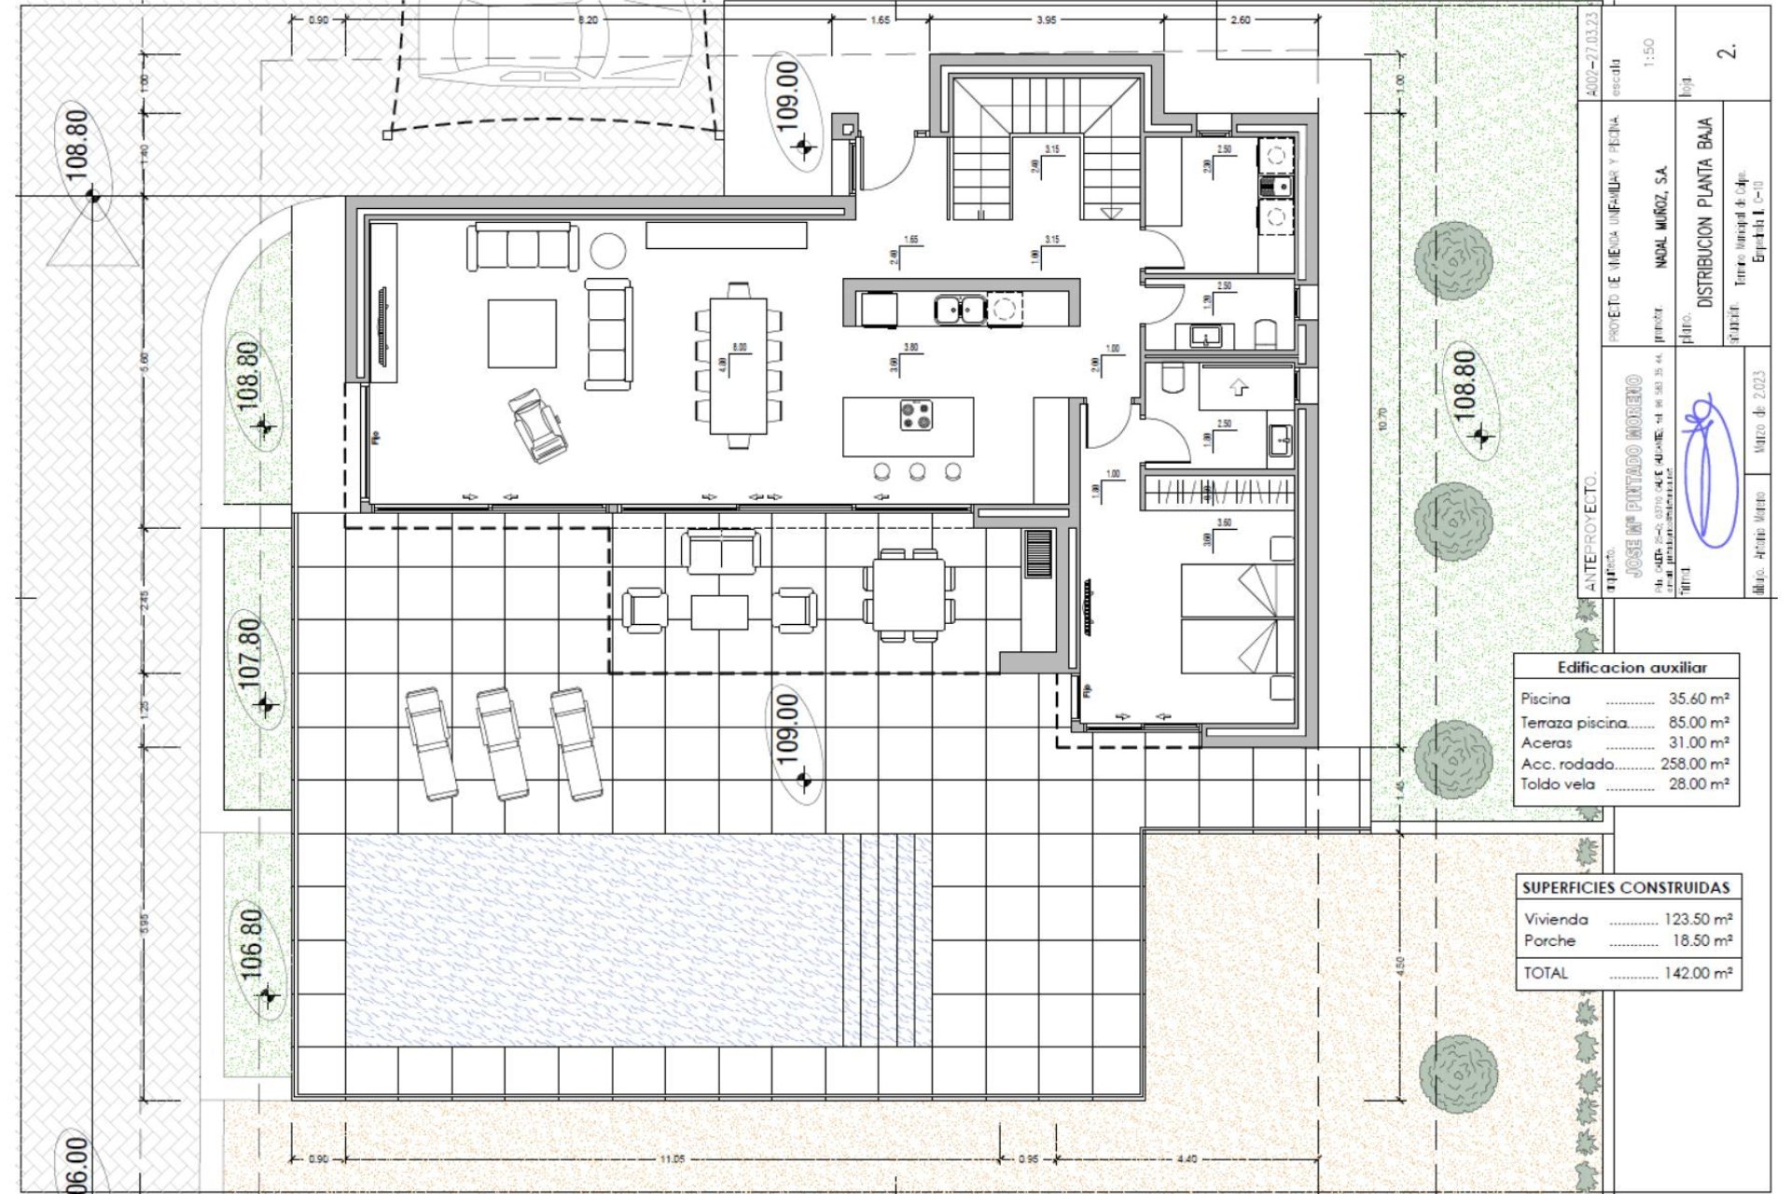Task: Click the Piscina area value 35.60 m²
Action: [x=1699, y=699]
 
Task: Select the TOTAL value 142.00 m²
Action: [x=1698, y=973]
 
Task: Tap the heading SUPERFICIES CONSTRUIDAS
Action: [x=1626, y=888]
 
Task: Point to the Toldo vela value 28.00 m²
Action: [x=1699, y=784]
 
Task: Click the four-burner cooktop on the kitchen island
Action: [x=916, y=414]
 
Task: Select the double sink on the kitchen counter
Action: [x=960, y=308]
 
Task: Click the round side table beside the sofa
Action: [x=608, y=251]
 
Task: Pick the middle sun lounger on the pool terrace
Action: [x=503, y=743]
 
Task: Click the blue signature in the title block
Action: [x=1709, y=471]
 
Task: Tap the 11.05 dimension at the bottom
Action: [x=672, y=1159]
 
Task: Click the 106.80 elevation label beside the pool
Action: [x=252, y=945]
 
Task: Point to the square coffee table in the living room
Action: [x=521, y=333]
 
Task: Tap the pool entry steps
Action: [x=886, y=939]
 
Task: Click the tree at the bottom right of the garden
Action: [x=1458, y=1073]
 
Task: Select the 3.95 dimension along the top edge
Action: [x=1046, y=20]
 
